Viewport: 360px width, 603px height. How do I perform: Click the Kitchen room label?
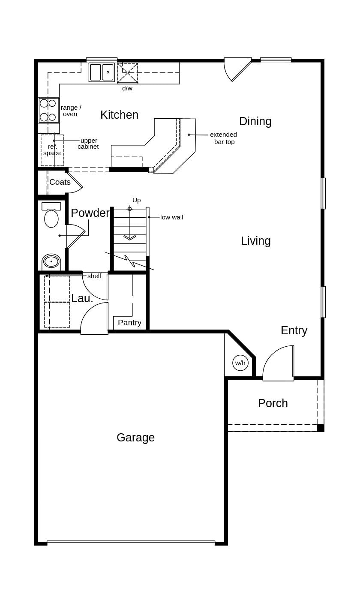(119, 115)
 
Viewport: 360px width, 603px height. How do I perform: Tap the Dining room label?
(255, 121)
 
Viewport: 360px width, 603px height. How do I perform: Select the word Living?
(255, 241)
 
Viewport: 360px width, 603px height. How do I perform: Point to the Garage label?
(135, 438)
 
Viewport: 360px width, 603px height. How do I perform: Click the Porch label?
(273, 403)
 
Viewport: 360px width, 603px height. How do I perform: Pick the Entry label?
(294, 330)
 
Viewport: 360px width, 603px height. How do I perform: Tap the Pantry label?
(129, 323)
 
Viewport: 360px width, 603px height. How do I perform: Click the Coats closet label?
(60, 182)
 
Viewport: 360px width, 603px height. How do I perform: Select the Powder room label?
(90, 213)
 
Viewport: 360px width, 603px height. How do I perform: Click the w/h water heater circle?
(240, 363)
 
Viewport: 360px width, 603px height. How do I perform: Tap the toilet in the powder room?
(51, 216)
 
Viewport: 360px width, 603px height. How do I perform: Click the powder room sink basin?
(51, 261)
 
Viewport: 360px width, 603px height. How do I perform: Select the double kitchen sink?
(102, 72)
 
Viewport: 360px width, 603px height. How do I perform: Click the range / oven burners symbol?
(48, 110)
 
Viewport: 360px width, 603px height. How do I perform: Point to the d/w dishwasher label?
(127, 88)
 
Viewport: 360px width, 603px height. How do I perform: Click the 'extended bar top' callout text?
(223, 138)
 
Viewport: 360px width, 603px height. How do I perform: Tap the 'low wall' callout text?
(171, 217)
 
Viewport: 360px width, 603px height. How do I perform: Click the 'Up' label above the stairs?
(136, 200)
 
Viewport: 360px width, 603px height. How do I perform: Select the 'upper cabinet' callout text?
(88, 144)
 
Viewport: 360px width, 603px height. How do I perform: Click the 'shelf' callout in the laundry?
(94, 276)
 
